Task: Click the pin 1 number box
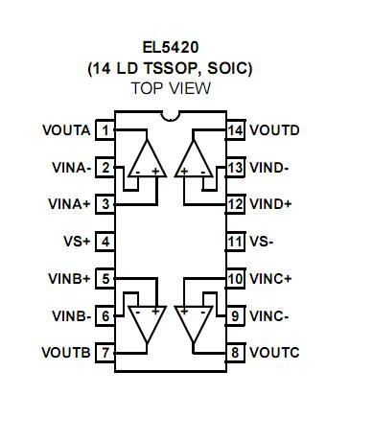tap(105, 129)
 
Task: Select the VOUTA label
tap(66, 129)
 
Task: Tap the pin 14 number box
tap(235, 129)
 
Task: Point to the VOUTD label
tap(274, 129)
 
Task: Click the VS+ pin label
tap(76, 242)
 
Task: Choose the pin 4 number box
tap(105, 242)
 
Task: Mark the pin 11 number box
tap(235, 242)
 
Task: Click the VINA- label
tap(71, 167)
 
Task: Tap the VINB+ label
tap(71, 278)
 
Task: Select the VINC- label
tap(270, 315)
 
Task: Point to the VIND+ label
tap(271, 204)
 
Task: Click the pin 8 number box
tap(235, 353)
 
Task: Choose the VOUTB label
tap(66, 353)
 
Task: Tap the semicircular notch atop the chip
tap(171, 118)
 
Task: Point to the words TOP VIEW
tap(171, 88)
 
